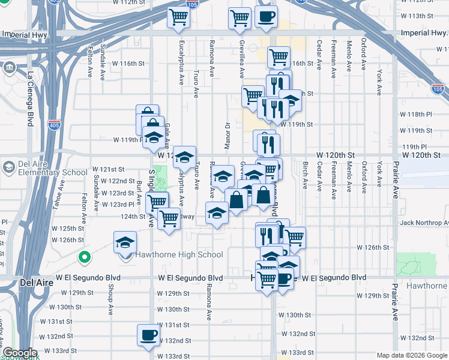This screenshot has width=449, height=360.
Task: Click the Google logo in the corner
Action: tap(20, 353)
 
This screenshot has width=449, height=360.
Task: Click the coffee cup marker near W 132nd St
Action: tap(148, 335)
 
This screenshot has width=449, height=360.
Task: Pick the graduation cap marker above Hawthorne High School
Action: tap(125, 242)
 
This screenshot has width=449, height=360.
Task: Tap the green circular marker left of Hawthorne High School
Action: tap(85, 259)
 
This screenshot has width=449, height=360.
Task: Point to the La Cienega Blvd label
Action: tap(31, 99)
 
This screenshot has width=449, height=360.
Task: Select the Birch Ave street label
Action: tap(305, 175)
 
